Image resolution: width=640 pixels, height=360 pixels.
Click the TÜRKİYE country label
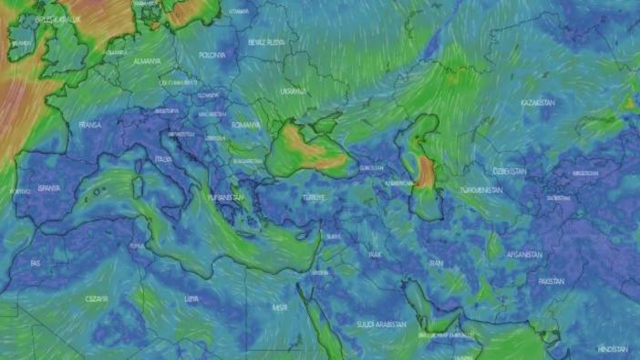tap(313, 197)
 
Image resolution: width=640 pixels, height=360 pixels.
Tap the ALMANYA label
tap(147, 61)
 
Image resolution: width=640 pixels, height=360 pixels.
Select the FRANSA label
tap(90, 124)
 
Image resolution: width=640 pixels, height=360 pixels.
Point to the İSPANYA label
tap(48, 188)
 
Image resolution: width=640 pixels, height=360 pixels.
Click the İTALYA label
tap(163, 159)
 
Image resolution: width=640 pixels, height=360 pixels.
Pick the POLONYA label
tap(212, 55)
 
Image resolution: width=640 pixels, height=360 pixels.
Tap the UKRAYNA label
tap(293, 92)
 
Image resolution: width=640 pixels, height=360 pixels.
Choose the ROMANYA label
tap(246, 125)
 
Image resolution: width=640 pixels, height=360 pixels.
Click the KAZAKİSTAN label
tap(538, 102)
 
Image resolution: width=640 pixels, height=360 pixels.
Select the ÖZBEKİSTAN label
tap(509, 171)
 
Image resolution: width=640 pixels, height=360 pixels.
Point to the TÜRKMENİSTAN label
tap(481, 190)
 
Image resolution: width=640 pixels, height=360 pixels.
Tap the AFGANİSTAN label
tap(524, 254)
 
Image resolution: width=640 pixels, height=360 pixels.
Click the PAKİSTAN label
tap(551, 281)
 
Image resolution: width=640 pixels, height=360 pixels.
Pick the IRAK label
tap(375, 254)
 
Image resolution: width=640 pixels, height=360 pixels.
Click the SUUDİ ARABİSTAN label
tap(381, 324)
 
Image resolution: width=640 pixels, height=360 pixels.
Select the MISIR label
tap(280, 308)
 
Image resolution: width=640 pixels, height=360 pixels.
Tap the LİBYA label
tap(191, 298)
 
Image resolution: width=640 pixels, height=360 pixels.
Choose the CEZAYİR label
tap(96, 298)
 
